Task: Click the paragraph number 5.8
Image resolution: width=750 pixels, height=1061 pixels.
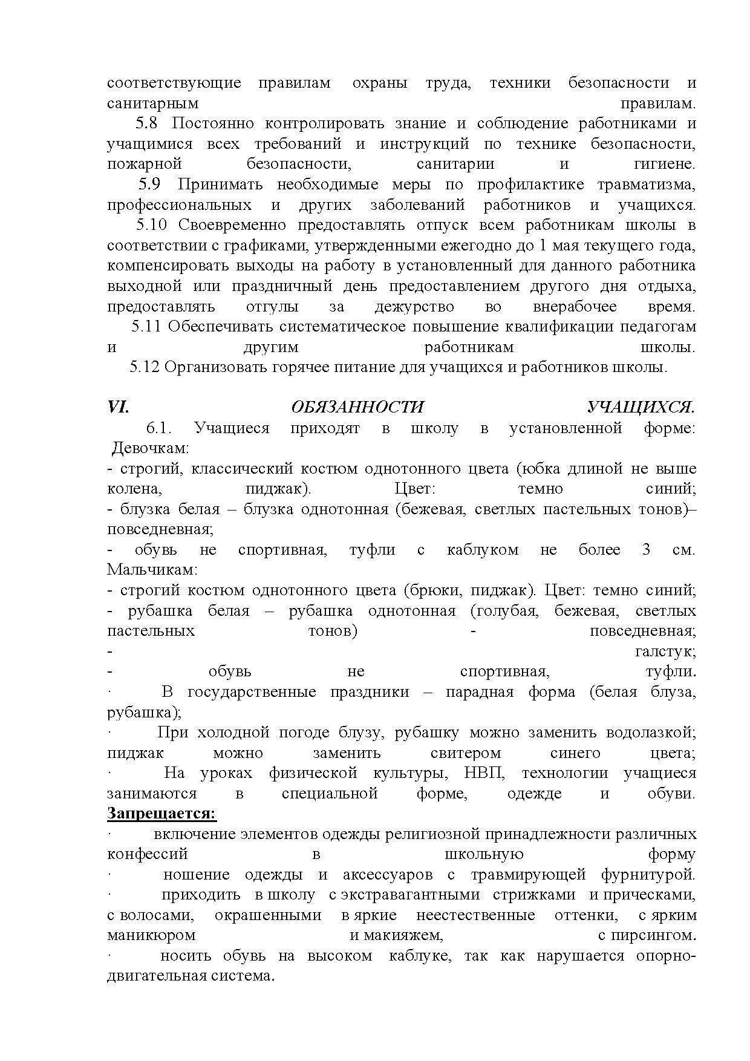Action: coord(146,123)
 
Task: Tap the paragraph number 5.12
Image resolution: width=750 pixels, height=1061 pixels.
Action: coord(143,367)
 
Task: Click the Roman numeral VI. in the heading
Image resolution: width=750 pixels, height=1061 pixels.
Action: coord(118,407)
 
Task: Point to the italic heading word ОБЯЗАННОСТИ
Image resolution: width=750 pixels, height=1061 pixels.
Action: coord(357,407)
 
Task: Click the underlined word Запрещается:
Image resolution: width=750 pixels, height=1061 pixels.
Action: coord(161,814)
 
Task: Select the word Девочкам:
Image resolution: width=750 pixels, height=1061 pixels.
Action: coord(151,448)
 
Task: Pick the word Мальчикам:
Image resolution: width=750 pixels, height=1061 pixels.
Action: coord(152,570)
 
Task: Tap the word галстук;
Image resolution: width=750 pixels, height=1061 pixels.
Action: coord(665,651)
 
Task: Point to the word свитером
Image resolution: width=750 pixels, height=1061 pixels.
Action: coord(466,753)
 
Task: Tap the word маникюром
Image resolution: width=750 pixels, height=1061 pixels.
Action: coord(151,935)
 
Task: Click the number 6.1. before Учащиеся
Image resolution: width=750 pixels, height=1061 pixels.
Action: coord(159,428)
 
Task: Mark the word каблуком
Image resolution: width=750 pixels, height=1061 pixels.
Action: coord(483,550)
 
